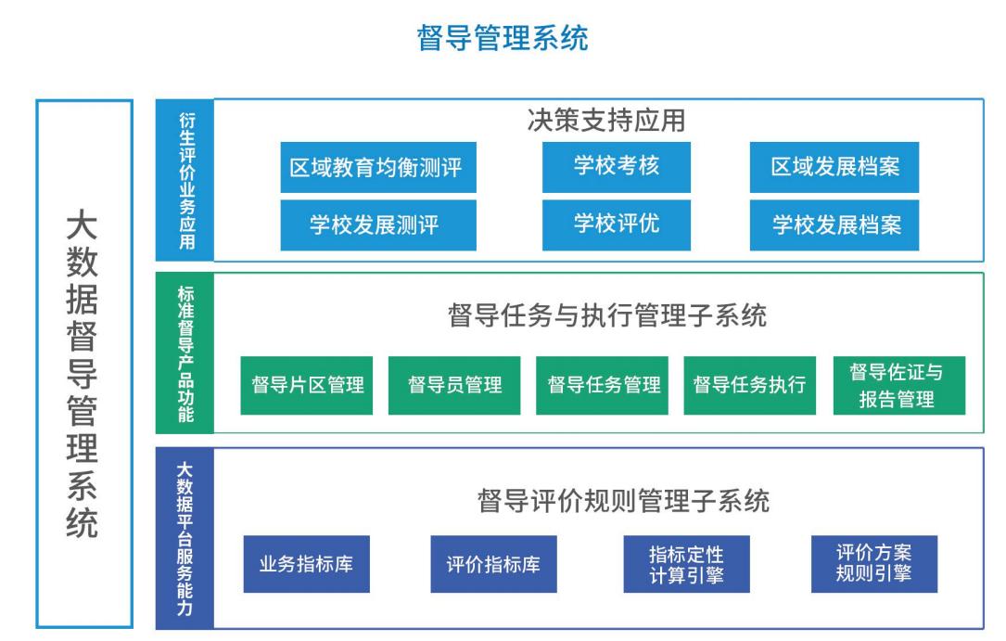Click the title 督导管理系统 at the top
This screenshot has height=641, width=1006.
(503, 37)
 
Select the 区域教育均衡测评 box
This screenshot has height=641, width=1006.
(378, 168)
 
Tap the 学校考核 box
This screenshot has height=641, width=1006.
(616, 167)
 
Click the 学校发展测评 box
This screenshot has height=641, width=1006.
(378, 225)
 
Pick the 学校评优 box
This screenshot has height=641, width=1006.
(616, 224)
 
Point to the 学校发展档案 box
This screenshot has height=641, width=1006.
(834, 225)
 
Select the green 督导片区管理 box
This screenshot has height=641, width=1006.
(307, 385)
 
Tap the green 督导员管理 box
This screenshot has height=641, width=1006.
(454, 385)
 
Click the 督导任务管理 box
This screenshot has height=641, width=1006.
(602, 385)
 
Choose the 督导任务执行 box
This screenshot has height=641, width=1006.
(749, 385)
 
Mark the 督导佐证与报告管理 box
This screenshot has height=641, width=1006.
(898, 385)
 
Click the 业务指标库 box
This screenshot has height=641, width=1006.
(307, 564)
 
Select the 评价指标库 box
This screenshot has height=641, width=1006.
(493, 564)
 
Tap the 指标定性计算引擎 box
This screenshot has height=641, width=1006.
(686, 564)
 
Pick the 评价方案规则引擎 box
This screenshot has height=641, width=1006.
(873, 564)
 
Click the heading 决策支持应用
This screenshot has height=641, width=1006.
(605, 120)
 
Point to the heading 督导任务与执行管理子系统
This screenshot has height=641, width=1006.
(607, 315)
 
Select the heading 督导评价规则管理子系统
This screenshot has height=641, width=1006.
(623, 501)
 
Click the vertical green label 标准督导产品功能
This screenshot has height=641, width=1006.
(185, 353)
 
